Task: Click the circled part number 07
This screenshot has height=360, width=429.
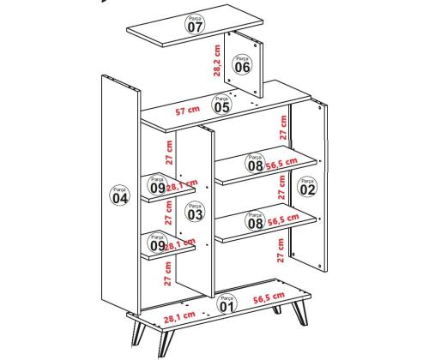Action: pyautogui.click(x=196, y=24)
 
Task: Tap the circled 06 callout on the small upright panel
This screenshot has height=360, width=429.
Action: pyautogui.click(x=242, y=65)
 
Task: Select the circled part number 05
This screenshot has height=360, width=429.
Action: pyautogui.click(x=221, y=105)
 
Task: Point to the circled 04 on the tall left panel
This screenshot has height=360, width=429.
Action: pyautogui.click(x=120, y=195)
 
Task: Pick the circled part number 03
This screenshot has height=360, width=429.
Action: pyautogui.click(x=195, y=212)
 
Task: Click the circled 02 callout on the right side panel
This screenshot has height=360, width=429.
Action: pyautogui.click(x=307, y=187)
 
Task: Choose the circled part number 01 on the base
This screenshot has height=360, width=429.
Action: pyautogui.click(x=227, y=303)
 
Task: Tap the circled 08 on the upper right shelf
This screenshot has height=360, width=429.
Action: pyautogui.click(x=255, y=164)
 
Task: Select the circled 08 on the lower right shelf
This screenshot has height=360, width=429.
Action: pyautogui.click(x=255, y=220)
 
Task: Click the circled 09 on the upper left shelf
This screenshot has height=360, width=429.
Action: pyautogui.click(x=157, y=185)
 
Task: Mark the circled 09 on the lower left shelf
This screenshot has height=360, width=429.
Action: pyautogui.click(x=157, y=243)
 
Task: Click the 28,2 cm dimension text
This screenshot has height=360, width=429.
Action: pyautogui.click(x=217, y=61)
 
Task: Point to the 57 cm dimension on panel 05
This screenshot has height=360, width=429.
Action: pyautogui.click(x=188, y=111)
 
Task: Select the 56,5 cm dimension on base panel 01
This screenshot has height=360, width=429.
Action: pyautogui.click(x=269, y=297)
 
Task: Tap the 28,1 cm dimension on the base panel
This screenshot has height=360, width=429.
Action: pyautogui.click(x=179, y=317)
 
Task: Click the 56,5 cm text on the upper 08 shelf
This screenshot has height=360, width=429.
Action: pyautogui.click(x=281, y=164)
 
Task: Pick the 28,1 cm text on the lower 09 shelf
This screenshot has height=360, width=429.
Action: pyautogui.click(x=180, y=244)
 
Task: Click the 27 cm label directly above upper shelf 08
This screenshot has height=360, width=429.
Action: pyautogui.click(x=283, y=128)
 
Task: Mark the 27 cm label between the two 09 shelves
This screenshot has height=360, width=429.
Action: pyautogui.click(x=168, y=213)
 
